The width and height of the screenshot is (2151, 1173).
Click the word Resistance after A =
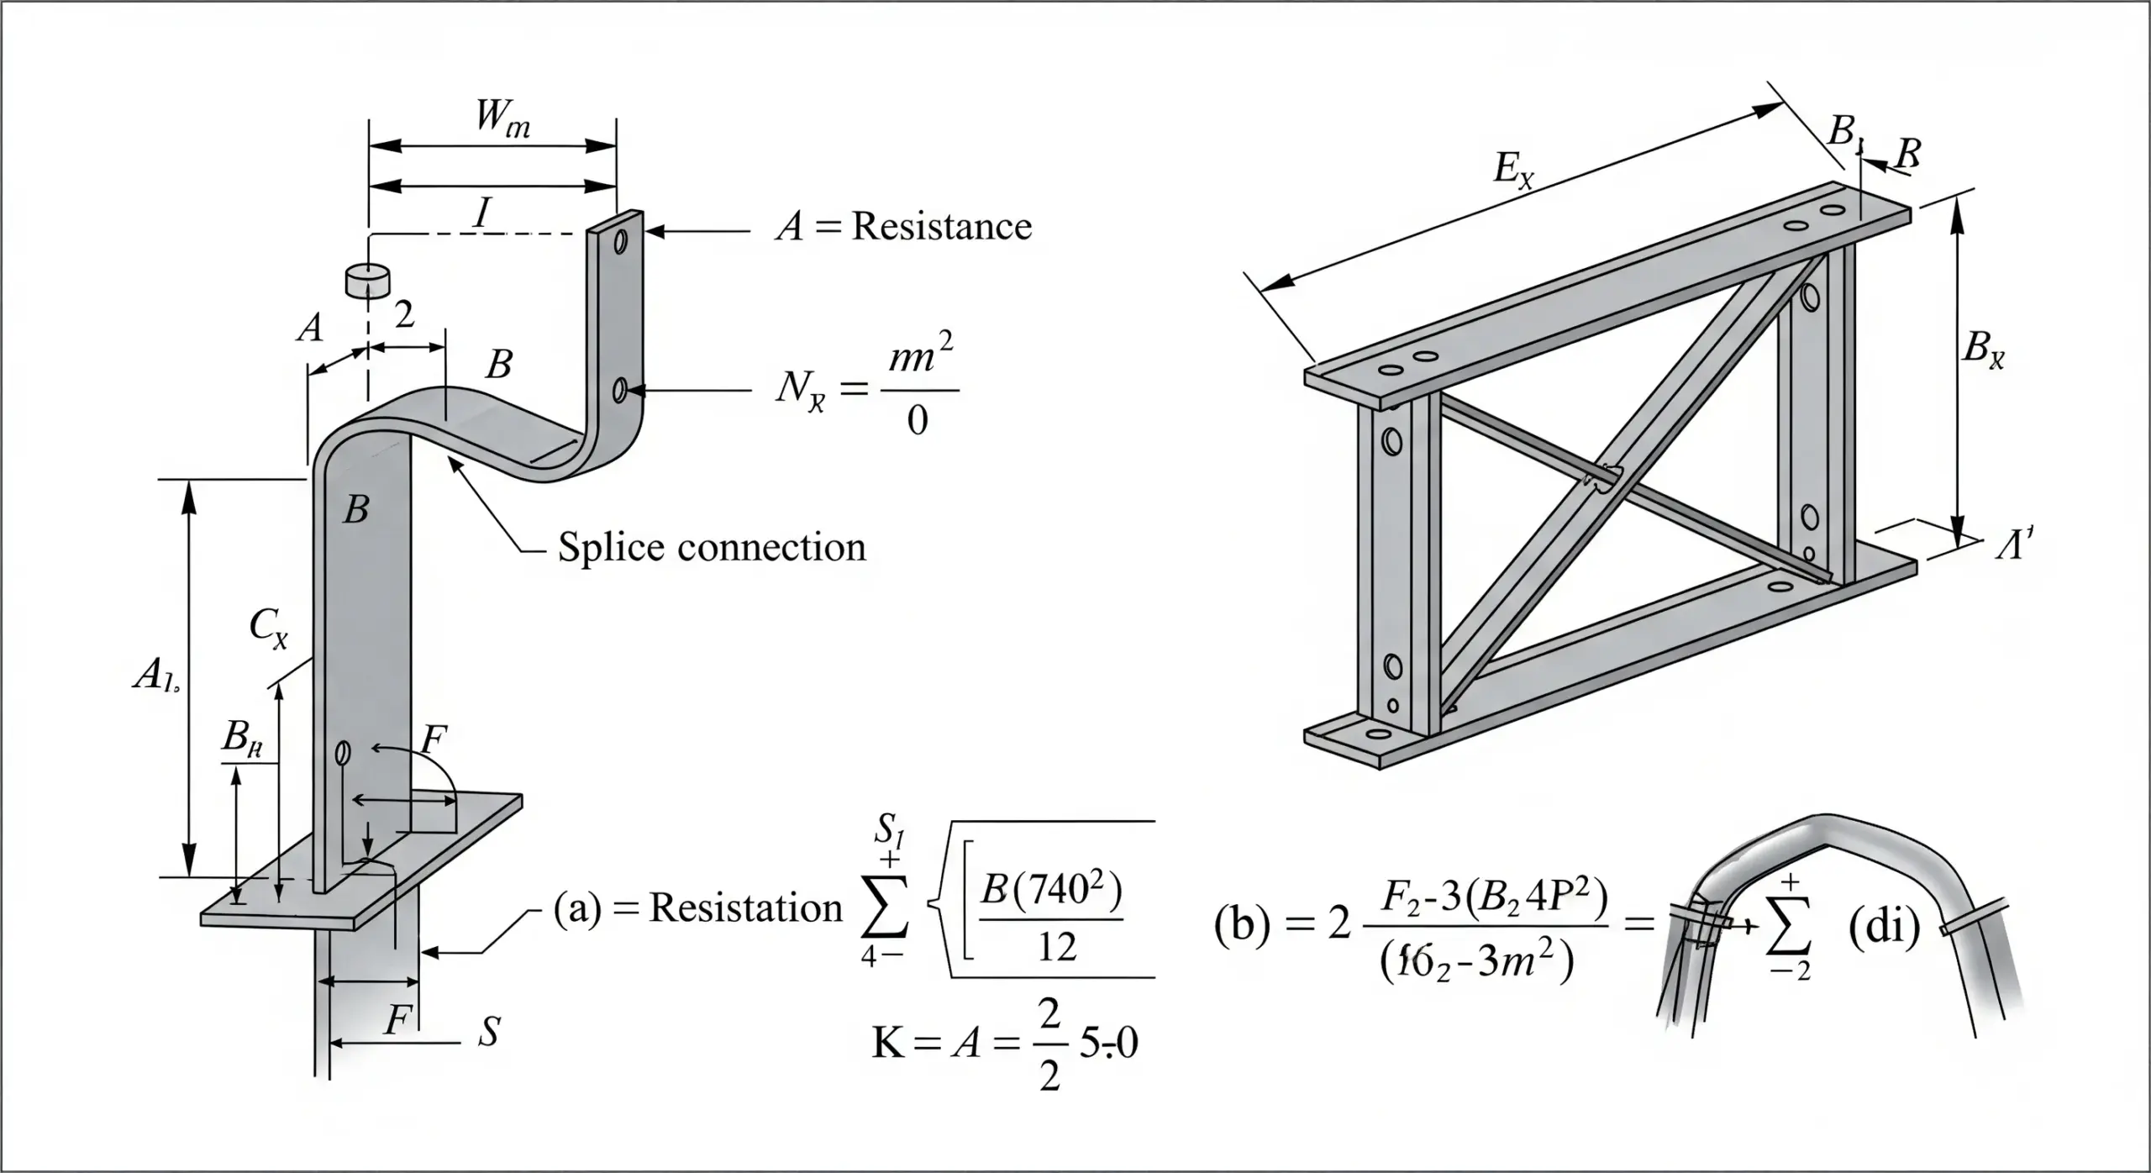(941, 227)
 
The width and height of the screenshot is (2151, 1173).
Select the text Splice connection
(712, 548)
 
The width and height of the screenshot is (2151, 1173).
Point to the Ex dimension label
(1513, 171)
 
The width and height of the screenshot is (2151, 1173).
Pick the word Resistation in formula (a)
(745, 908)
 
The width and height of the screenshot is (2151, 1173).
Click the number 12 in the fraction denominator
(1056, 949)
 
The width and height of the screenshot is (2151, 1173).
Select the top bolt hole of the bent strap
(621, 243)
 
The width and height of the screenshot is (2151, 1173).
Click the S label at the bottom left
(489, 1031)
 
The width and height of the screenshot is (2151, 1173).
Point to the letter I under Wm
(481, 214)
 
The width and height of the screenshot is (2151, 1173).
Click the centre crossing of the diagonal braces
(1603, 477)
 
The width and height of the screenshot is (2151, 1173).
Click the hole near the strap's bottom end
(342, 753)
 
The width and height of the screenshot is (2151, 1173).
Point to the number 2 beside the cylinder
(404, 315)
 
